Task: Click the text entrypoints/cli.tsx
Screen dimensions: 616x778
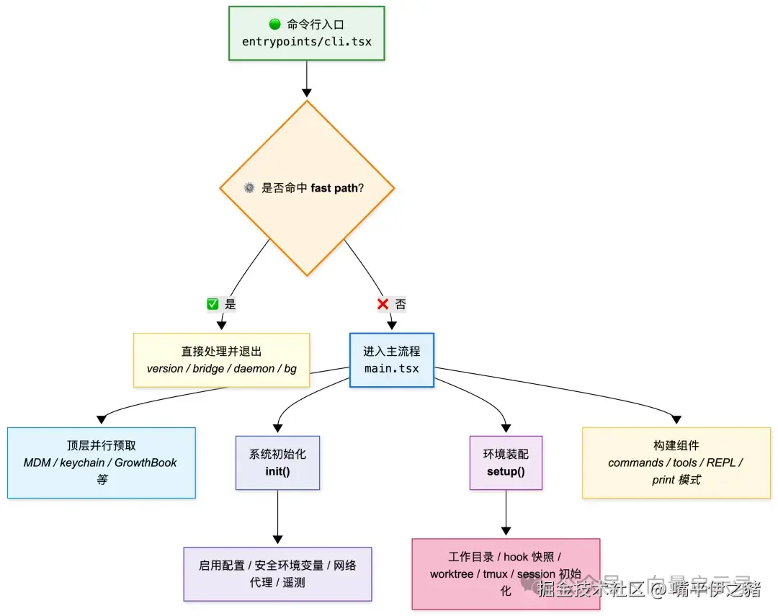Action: (x=307, y=41)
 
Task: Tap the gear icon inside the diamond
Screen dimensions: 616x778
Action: (x=249, y=188)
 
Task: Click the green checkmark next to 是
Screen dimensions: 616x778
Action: (x=213, y=304)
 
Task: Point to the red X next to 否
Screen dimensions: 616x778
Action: (x=383, y=304)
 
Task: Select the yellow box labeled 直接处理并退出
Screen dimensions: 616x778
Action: (x=221, y=360)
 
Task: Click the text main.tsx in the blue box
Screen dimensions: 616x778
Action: (x=391, y=369)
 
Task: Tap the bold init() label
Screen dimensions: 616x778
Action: (x=277, y=471)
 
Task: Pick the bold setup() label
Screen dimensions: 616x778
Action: (x=506, y=471)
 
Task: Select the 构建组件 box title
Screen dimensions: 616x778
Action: (x=676, y=445)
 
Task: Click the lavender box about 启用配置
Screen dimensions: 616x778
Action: (x=277, y=573)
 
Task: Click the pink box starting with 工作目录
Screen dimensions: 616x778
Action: (x=506, y=573)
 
